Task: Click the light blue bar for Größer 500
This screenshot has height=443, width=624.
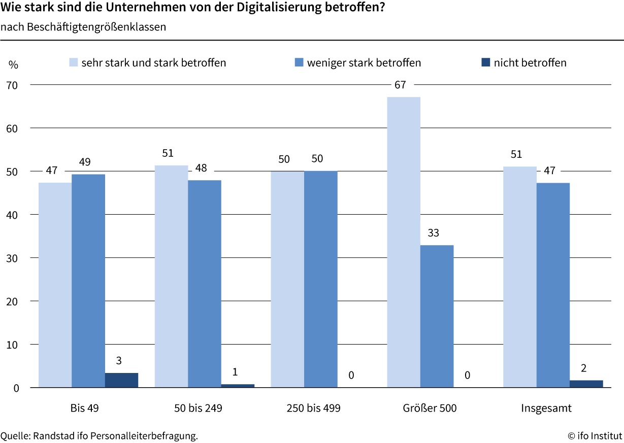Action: pyautogui.click(x=404, y=242)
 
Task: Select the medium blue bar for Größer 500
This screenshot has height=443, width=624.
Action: pyautogui.click(x=437, y=316)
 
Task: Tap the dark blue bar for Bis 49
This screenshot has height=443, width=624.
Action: pyautogui.click(x=121, y=380)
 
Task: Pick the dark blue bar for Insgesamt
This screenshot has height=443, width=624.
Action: pyautogui.click(x=586, y=384)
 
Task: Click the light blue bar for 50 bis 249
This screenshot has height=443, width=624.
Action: pyautogui.click(x=171, y=277)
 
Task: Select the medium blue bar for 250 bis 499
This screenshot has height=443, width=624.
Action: pyautogui.click(x=320, y=279)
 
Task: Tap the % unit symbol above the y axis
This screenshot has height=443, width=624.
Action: pyautogui.click(x=13, y=65)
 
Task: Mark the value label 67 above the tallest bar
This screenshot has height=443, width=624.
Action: pyautogui.click(x=400, y=85)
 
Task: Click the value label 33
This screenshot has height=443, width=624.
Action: pyautogui.click(x=433, y=233)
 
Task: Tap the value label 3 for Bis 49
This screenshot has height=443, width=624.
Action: pyautogui.click(x=119, y=361)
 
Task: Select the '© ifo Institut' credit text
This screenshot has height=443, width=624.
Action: pyautogui.click(x=595, y=435)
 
